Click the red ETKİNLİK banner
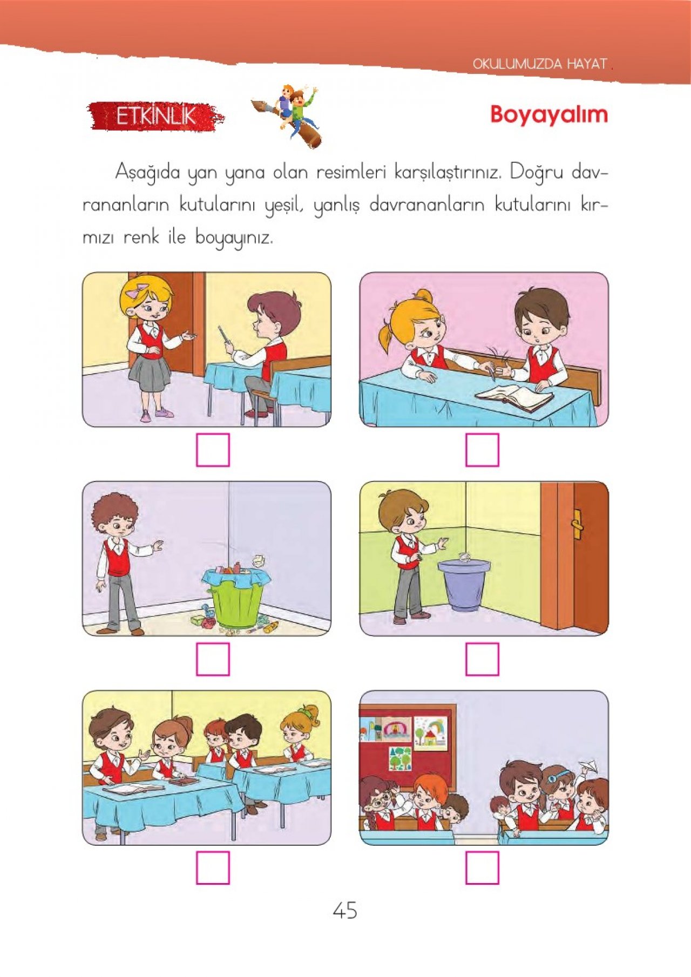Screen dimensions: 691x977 coord(156,116)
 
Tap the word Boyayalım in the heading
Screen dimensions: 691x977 coord(549,114)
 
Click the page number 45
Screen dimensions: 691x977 coord(345,911)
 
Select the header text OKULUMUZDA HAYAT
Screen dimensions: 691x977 coord(540,64)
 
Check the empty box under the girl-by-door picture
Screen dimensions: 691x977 coord(213,450)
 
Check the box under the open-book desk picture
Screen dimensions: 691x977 coord(482,450)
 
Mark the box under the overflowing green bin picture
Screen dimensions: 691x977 coord(213,659)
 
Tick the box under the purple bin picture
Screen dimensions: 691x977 coord(482,659)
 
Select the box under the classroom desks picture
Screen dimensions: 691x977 coord(213,867)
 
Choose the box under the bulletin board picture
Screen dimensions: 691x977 coord(482,867)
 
